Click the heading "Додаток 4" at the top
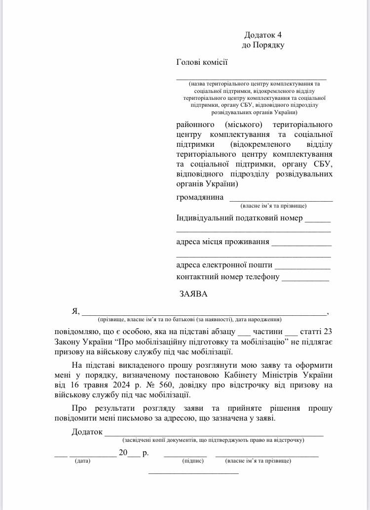[x=263, y=35]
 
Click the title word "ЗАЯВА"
[x=193, y=294]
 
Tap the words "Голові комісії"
[x=202, y=62]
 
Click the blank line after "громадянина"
[x=281, y=200]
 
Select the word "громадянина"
[x=199, y=198]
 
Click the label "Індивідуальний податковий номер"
[x=239, y=218]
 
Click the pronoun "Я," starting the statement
[x=75, y=311]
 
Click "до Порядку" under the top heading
[x=263, y=45]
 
